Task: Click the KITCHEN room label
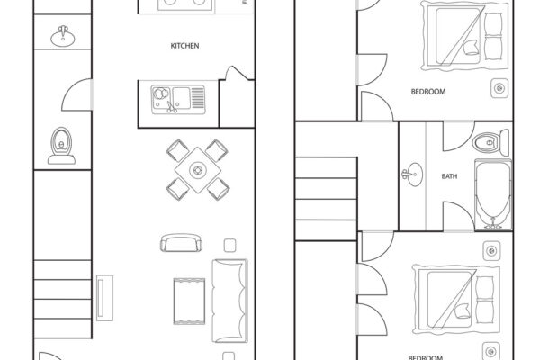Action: click(185, 45)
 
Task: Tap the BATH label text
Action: click(449, 176)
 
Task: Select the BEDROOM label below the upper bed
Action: click(427, 92)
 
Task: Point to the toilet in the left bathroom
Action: click(61, 142)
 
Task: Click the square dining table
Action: click(196, 169)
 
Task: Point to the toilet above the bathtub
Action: click(486, 141)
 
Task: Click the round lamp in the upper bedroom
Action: click(499, 88)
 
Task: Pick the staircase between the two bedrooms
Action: click(320, 180)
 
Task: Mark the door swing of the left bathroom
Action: click(79, 93)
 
